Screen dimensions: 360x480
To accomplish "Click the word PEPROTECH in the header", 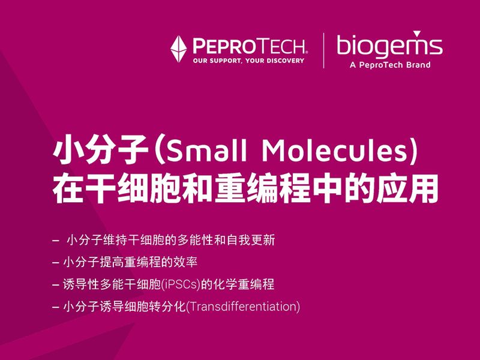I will click(x=248, y=46).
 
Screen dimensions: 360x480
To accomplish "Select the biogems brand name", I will click(x=389, y=46).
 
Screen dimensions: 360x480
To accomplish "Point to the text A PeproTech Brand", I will click(x=389, y=65).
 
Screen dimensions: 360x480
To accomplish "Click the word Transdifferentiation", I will click(x=244, y=307).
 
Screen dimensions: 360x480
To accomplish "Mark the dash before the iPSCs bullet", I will click(x=56, y=284).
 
